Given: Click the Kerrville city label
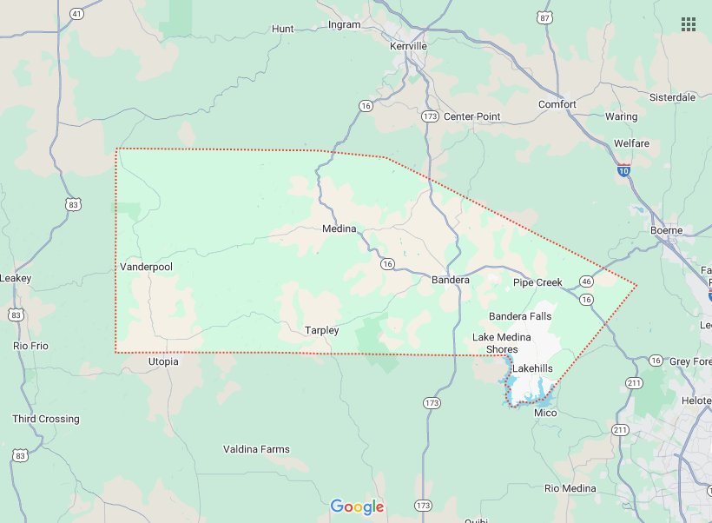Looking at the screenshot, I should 410,45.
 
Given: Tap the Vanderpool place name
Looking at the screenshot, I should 147,267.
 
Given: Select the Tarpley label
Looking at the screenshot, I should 321,330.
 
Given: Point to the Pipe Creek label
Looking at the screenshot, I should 537,282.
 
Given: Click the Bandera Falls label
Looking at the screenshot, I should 520,316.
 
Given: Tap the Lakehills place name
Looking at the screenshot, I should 532,368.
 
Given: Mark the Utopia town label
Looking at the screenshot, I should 163,361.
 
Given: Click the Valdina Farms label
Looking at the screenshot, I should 256,449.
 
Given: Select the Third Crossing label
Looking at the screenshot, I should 46,419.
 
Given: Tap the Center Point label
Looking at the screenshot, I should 472,116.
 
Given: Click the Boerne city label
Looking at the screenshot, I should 667,230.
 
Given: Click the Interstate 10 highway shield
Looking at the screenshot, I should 624,171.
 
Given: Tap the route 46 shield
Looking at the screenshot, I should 588,281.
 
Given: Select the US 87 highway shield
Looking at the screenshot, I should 544,17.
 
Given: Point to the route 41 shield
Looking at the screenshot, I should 77,14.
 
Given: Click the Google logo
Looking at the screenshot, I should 357,506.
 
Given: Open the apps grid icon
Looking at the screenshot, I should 689,23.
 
